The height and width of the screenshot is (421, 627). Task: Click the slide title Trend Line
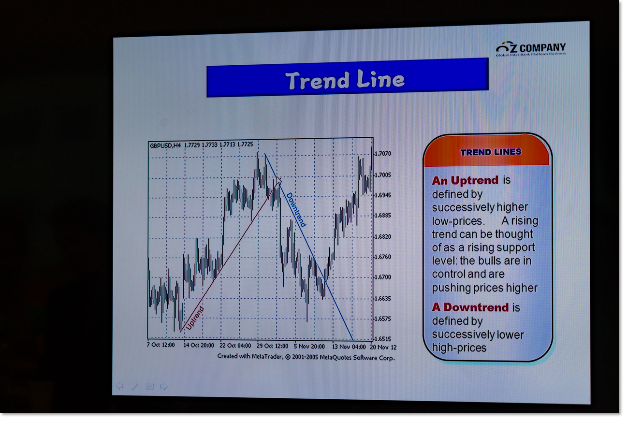pos(345,80)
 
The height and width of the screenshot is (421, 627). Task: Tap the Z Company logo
pos(531,49)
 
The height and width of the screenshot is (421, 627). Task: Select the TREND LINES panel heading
pos(491,152)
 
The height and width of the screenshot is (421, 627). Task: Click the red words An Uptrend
pos(465,181)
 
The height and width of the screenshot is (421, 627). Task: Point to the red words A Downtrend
pos(470,307)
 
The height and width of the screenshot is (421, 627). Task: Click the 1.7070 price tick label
pos(383,153)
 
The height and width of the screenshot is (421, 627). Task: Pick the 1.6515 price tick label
pos(383,339)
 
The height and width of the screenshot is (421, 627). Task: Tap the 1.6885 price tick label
pos(383,215)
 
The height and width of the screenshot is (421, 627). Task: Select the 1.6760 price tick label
pos(383,257)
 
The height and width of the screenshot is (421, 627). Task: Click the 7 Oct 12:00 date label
pos(160,345)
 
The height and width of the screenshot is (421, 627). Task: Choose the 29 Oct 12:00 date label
pos(272,346)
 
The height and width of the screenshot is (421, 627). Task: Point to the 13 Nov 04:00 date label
pos(349,347)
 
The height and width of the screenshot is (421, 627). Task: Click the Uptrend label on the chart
pos(194,318)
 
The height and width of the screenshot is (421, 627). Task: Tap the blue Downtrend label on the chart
pos(296,209)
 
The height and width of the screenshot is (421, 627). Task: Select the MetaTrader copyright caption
pos(306,357)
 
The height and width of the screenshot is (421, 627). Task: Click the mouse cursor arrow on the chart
pos(279,179)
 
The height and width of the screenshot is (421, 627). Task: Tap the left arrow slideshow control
pos(119,386)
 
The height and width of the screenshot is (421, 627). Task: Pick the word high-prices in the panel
pos(459,348)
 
